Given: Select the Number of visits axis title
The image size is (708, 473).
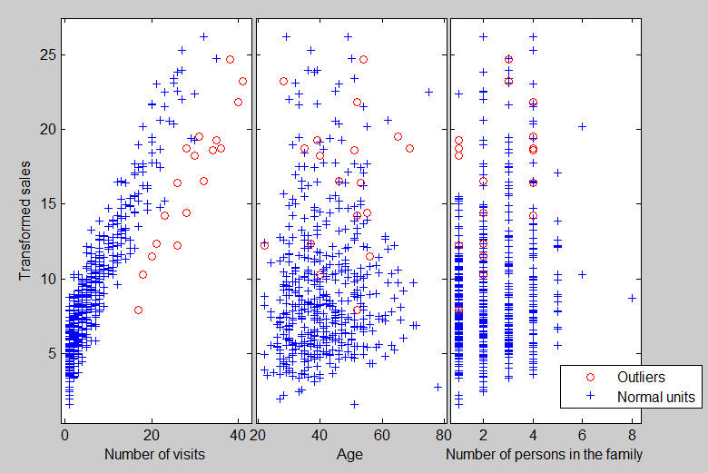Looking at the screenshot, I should point(153,454).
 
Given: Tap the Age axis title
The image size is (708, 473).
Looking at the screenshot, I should point(349,454).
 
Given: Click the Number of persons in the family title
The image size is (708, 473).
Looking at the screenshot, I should point(545,454).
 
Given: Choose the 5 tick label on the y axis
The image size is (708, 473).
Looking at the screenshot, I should point(52,352).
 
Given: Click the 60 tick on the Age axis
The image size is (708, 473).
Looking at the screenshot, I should point(382,434).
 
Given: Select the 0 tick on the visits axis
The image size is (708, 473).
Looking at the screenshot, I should point(64,434).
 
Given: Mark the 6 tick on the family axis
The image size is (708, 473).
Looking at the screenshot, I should point(582,434).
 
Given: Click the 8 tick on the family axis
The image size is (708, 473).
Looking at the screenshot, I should point(632,434).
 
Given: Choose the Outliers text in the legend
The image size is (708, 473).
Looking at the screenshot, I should point(642,377).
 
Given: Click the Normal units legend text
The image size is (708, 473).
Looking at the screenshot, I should point(655,397).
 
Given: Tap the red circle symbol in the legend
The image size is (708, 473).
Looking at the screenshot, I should point(591,377).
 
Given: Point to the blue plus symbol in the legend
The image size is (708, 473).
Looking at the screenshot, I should point(591,397).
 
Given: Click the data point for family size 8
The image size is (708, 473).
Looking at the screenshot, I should point(632,298).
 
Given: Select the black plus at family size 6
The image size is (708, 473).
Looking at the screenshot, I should point(582,126).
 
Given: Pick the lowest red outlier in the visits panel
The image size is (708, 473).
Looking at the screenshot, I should point(138,310).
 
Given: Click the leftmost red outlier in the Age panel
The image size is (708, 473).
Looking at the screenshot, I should point(264,245).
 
